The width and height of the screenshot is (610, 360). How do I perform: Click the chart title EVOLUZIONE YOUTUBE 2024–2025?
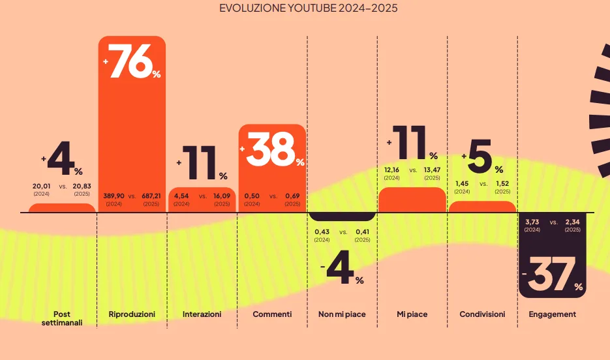click(309, 8)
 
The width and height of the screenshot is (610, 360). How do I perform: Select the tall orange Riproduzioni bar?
click(132, 130)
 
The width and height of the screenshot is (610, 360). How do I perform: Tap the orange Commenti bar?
click(272, 176)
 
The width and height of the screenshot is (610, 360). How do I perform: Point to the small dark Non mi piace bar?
click(342, 217)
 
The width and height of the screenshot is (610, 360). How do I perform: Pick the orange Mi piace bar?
click(412, 200)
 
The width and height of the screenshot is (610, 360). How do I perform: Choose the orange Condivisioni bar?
click(482, 207)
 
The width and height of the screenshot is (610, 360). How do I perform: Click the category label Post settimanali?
click(62, 318)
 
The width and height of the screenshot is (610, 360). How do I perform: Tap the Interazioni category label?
click(202, 314)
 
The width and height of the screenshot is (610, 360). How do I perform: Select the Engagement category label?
click(552, 314)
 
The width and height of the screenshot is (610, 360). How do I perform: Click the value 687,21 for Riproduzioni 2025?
click(151, 196)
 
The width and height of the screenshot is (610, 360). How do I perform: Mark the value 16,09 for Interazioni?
click(222, 196)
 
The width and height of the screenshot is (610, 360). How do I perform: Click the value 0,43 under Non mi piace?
click(322, 232)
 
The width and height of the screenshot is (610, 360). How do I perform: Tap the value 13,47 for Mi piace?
click(432, 170)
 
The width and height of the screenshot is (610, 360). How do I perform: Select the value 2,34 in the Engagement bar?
click(572, 222)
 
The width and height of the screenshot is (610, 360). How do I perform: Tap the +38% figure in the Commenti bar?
click(272, 150)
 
